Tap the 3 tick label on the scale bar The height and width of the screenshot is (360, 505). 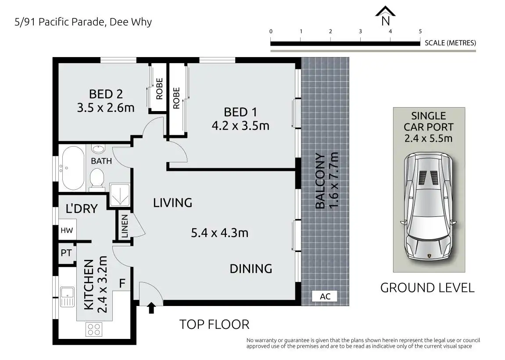[360, 31]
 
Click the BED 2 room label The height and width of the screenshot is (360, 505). [106, 94]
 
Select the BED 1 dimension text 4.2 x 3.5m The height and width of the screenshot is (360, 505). [240, 126]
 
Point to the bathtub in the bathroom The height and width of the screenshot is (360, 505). [73, 168]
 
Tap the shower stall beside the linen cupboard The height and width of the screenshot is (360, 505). [119, 194]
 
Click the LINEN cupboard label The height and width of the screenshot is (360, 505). [125, 226]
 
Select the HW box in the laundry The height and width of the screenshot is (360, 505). [67, 230]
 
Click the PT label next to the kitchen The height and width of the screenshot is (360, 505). [66, 253]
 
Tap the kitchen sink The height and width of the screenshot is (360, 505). [67, 296]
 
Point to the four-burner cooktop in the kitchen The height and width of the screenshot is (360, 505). [94, 329]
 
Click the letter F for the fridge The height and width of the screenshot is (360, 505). [122, 283]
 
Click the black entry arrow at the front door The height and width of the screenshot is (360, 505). [151, 308]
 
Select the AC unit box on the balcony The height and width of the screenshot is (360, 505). [325, 296]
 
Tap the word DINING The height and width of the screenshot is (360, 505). [251, 269]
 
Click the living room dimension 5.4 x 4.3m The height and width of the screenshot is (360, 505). [220, 233]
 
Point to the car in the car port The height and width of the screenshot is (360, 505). [429, 206]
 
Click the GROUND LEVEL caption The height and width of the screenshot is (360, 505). [427, 288]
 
